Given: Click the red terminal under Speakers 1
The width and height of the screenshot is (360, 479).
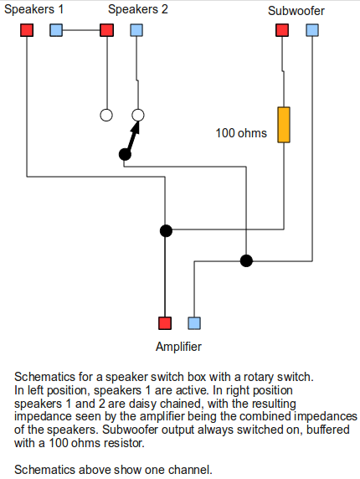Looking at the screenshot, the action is pos(27,30).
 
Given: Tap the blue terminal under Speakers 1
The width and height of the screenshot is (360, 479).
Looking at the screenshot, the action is pos(56,30).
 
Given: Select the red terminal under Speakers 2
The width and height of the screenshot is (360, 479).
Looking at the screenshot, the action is pos(106,30).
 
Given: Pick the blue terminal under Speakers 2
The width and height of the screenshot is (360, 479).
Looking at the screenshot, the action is pos(136,30).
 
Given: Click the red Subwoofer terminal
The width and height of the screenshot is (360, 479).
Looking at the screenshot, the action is pos(282,30).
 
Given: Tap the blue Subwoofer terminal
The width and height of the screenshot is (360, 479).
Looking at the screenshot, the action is pos(312,30).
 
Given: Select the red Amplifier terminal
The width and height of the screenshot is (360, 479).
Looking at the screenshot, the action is pos(165,323).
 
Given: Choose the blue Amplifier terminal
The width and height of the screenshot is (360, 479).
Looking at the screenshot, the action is pos(194,323).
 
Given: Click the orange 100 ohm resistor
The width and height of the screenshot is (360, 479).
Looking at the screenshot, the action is pos(284,125).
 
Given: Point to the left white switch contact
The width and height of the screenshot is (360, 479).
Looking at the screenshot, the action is pos(106,116).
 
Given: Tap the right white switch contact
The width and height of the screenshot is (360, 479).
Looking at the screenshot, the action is pos(138,116).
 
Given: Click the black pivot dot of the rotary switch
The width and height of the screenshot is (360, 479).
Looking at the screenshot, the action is pos(125,154).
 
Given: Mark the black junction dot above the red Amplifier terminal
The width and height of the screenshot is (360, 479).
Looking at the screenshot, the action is pos(166,230).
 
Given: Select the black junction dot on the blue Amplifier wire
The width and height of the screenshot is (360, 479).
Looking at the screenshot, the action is pos(246,261).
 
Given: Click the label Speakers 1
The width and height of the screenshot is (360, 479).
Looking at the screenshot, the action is pos(33,9).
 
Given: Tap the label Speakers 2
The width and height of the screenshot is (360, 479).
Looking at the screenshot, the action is pos(138,9).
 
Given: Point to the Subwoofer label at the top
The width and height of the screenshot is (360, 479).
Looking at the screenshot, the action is pos(296,11).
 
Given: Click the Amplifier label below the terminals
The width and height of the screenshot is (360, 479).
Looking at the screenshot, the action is pos(178,347).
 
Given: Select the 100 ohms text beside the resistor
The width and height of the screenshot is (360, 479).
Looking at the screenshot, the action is pos(241,133).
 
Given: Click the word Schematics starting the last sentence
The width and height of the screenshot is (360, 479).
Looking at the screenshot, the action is pos(42,470).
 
